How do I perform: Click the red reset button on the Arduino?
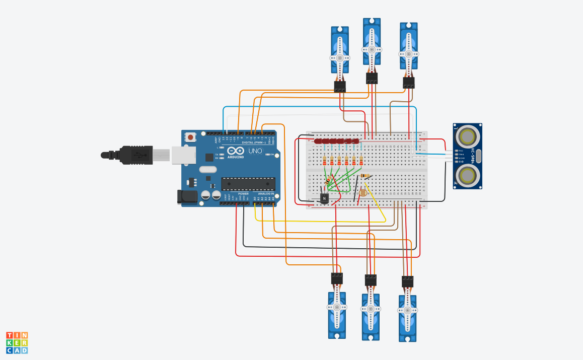tap(190, 136)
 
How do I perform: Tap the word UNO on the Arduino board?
tap(255, 151)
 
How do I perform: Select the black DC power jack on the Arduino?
tap(187, 196)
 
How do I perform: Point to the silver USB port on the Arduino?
tap(183, 155)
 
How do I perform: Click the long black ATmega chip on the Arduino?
tap(248, 184)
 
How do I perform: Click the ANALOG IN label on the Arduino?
tap(265, 193)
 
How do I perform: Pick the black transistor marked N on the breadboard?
tap(324, 198)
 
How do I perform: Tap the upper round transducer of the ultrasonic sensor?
tap(468, 136)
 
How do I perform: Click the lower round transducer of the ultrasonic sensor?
tap(468, 175)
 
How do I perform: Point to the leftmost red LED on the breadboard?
tap(318, 141)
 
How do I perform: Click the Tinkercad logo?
tap(17, 342)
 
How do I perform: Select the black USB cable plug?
tap(135, 155)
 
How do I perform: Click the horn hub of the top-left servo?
tap(340, 58)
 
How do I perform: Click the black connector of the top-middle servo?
tap(372, 78)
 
